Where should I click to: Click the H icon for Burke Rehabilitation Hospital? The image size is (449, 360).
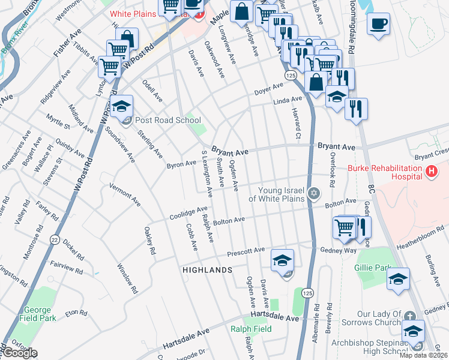click(430, 173)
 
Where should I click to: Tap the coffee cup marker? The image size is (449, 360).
click(378, 24)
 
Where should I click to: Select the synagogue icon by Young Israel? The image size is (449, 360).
click(312, 193)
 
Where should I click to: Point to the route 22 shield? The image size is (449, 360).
click(55, 238)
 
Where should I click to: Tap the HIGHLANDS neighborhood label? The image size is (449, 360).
click(207, 271)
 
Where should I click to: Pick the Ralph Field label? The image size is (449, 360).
click(251, 329)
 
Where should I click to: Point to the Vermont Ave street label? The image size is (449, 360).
click(125, 195)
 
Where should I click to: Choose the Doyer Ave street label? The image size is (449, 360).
click(268, 88)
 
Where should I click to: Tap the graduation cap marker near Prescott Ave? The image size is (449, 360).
click(282, 261)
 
